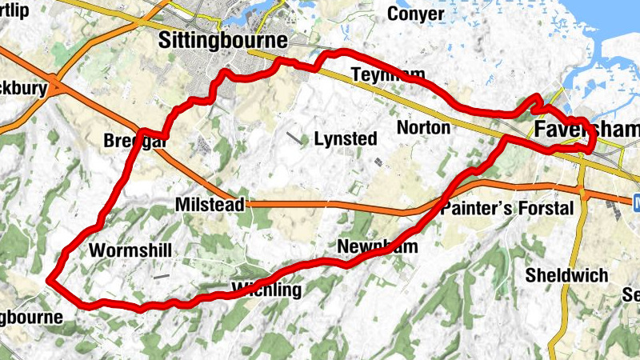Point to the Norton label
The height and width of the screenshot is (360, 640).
tap(423, 128)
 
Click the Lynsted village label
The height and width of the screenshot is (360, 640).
tap(345, 138)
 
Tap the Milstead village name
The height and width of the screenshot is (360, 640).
tap(210, 206)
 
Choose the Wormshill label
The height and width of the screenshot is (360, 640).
tap(130, 250)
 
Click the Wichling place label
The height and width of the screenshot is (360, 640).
tap(266, 289)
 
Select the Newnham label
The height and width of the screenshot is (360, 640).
tap(378, 246)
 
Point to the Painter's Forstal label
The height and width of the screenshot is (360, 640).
tap(507, 209)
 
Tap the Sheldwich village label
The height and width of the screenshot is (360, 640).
tap(566, 275)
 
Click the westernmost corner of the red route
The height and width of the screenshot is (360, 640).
tap(49, 280)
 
